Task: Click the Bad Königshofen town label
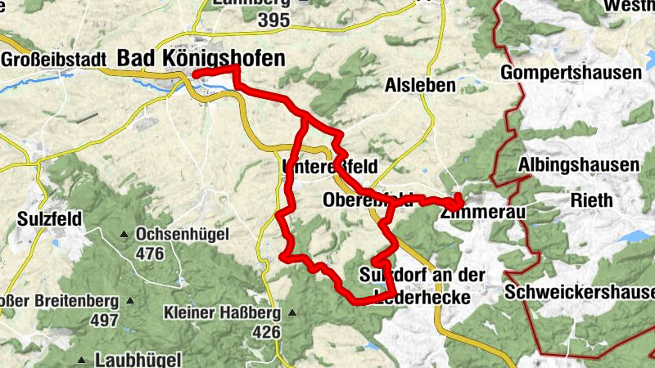click(x=201, y=58)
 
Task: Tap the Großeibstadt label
click(x=54, y=60)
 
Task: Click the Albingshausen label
click(x=579, y=166)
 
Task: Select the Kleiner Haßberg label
click(x=221, y=313)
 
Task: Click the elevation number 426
click(x=266, y=332)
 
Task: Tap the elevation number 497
click(x=105, y=321)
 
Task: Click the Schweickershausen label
click(x=580, y=292)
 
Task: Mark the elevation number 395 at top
click(x=273, y=23)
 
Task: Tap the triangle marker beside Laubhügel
click(x=82, y=360)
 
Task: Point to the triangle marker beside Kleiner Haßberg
click(x=291, y=312)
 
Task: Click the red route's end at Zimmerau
click(x=458, y=200)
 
